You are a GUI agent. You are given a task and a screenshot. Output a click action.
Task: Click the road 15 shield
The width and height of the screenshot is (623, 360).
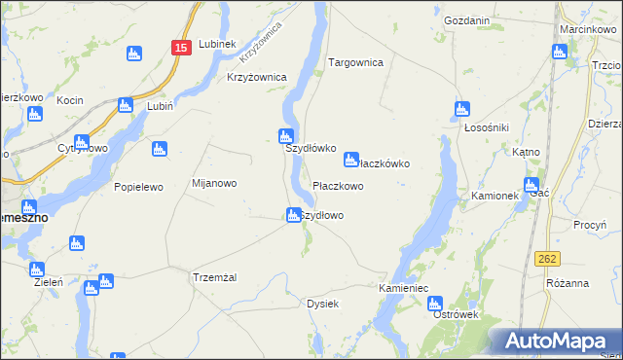point(181,47)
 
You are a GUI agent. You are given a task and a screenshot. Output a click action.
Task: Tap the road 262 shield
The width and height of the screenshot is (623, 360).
point(547,258)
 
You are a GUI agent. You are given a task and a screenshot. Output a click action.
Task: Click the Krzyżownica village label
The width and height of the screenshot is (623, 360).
point(256,77)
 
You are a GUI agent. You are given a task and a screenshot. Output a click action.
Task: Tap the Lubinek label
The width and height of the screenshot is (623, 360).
point(217,44)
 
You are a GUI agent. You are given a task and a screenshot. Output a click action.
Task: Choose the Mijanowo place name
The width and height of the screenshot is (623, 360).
point(214,183)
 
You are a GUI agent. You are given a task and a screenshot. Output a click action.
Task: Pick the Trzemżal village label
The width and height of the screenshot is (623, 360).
point(215,277)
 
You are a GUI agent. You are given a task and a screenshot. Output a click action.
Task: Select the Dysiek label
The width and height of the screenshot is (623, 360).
point(322,304)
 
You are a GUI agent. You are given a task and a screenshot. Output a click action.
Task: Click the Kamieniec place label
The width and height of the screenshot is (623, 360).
point(404,289)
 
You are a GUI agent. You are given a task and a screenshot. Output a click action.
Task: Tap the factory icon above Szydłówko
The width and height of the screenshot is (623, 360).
point(286,135)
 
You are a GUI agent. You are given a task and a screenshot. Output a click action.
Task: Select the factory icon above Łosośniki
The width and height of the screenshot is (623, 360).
point(462,110)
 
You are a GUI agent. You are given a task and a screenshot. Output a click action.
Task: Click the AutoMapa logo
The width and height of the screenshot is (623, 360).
point(556,341)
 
